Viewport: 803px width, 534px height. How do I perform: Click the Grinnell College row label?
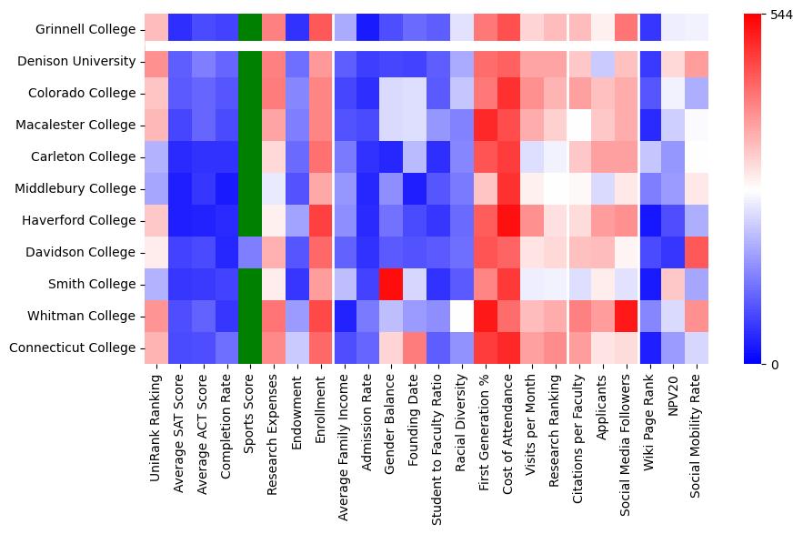[85, 30]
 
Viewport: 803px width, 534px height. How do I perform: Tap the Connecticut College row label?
[78, 348]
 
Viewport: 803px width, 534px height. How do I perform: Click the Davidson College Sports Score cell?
[250, 252]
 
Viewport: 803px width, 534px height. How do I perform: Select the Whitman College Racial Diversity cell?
[462, 316]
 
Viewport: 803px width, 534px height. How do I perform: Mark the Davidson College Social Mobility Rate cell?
[697, 252]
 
